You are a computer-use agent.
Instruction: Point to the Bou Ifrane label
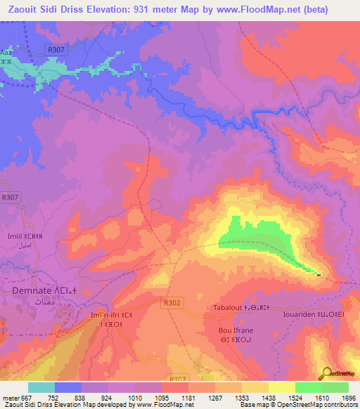coord(235,330)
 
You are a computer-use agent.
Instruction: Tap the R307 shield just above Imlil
coord(10,199)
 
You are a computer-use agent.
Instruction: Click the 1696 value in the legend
coord(348,398)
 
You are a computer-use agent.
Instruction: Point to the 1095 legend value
coord(162,398)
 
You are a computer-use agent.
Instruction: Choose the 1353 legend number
coord(242,398)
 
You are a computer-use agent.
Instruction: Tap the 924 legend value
coord(108,398)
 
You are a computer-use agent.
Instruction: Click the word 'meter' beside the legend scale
coord(10,398)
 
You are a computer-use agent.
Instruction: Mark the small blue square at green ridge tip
coord(319,275)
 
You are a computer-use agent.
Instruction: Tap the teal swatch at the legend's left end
coord(41,387)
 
